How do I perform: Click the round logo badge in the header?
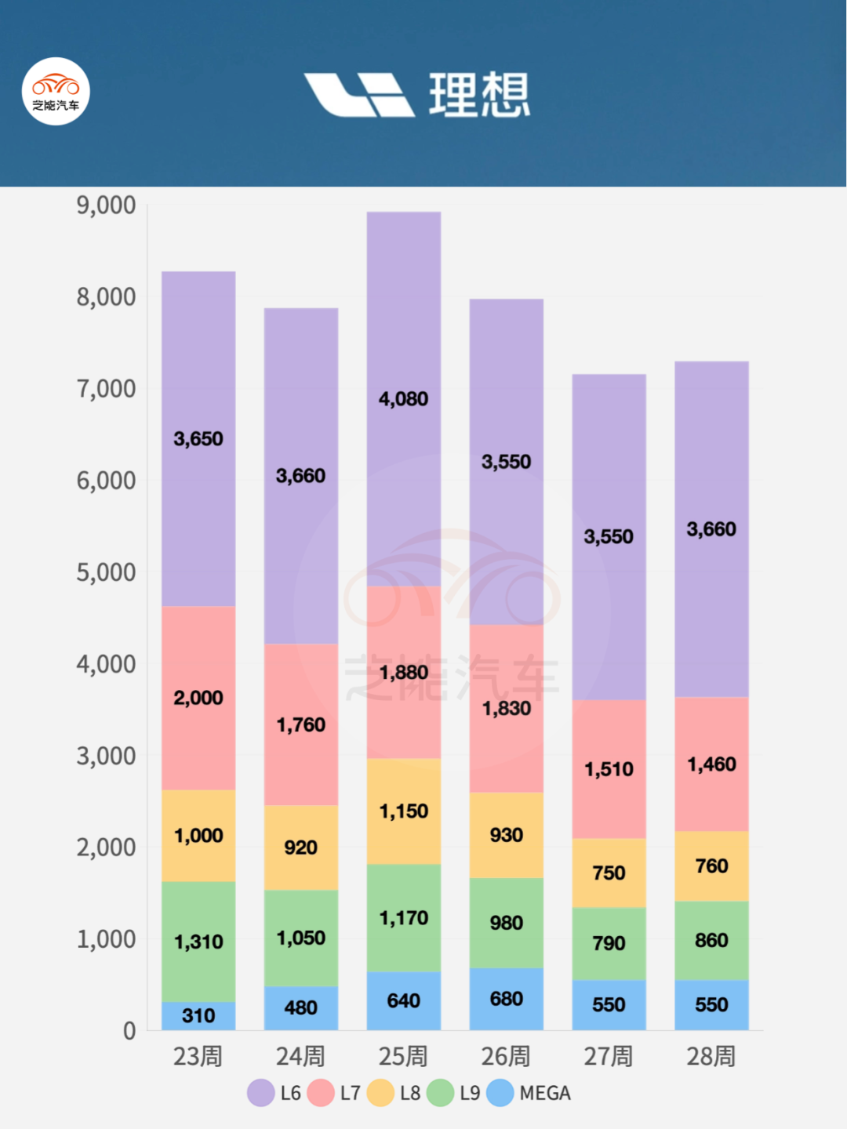56,92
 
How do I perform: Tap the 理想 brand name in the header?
479,95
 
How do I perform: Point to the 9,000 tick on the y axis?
106,205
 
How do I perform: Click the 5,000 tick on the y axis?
106,572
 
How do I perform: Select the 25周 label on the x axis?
403,1056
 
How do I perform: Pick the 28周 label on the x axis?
711,1056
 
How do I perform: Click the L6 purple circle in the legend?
261,1093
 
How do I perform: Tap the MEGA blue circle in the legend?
500,1093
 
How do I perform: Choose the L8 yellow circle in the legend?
380,1093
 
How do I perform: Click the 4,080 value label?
404,399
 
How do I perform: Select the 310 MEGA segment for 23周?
198,1016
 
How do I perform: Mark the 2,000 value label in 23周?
198,698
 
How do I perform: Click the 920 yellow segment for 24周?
301,848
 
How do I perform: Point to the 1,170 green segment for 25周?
404,918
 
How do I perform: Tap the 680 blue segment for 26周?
507,999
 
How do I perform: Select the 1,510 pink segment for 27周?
609,769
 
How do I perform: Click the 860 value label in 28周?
711,940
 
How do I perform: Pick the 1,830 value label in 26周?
507,709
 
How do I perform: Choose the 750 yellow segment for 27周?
609,873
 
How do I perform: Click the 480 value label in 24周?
301,1007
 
